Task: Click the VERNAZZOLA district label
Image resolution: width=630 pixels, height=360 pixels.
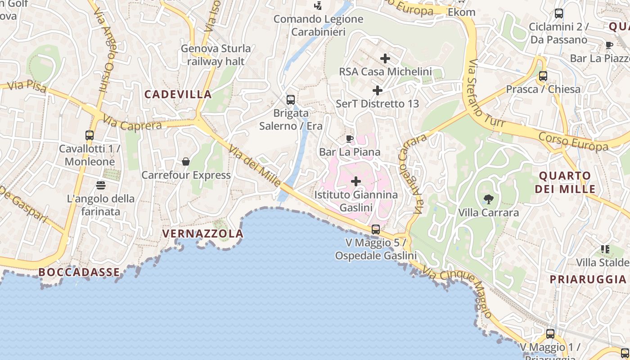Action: [x=202, y=234]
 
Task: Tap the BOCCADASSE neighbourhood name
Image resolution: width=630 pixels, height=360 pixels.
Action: [x=79, y=272]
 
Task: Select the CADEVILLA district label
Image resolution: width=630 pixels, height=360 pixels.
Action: [x=178, y=94]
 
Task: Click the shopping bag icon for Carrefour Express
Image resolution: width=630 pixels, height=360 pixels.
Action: [x=185, y=162]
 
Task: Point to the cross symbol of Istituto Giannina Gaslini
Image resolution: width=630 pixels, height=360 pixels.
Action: [x=356, y=182]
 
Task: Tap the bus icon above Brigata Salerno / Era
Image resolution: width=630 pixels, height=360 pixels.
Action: [x=291, y=99]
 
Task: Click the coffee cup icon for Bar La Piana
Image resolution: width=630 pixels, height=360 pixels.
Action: [x=350, y=139]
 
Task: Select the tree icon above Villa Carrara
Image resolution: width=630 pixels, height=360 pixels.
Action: [x=488, y=199]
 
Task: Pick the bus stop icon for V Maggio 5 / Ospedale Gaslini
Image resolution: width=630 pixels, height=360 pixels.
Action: [x=376, y=229]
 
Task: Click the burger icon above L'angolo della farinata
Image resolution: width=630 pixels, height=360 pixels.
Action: [x=100, y=185]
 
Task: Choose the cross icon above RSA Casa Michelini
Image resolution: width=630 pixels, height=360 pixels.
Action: [x=385, y=58]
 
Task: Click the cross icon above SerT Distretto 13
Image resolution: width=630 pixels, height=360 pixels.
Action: [x=378, y=90]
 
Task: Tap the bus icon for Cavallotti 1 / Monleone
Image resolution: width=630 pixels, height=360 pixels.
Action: [x=90, y=135]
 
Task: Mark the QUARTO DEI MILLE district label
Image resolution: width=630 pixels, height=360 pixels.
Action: [x=565, y=182]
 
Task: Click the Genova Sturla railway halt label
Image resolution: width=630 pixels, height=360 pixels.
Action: [x=216, y=54]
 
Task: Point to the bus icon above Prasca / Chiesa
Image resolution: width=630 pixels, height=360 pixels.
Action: [x=543, y=76]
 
